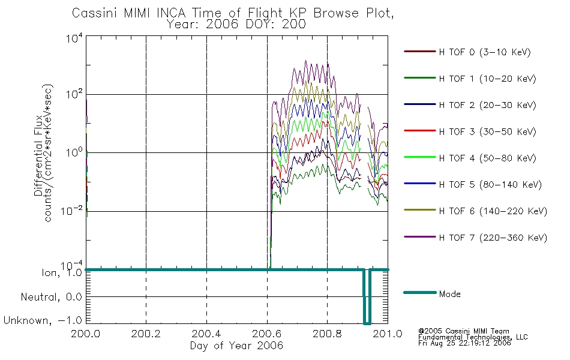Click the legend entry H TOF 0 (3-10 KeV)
click(x=485, y=52)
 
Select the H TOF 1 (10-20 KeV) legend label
click(x=487, y=79)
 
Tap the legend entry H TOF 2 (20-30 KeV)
click(x=487, y=105)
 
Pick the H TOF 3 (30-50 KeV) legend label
click(x=487, y=131)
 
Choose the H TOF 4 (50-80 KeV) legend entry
click(x=487, y=158)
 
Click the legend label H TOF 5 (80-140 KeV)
click(x=490, y=185)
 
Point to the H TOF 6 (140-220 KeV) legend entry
click(x=493, y=211)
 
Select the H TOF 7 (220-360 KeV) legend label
click(x=493, y=238)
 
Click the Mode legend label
click(x=449, y=294)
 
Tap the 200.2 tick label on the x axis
click(x=146, y=334)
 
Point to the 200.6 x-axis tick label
click(x=267, y=334)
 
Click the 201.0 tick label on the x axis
click(x=388, y=334)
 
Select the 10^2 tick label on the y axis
click(x=74, y=94)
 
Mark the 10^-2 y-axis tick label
click(x=72, y=211)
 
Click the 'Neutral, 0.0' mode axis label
click(x=51, y=297)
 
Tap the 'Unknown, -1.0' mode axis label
click(x=43, y=320)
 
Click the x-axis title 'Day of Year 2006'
click(x=236, y=346)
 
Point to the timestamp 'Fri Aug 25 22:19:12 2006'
click(x=464, y=343)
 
